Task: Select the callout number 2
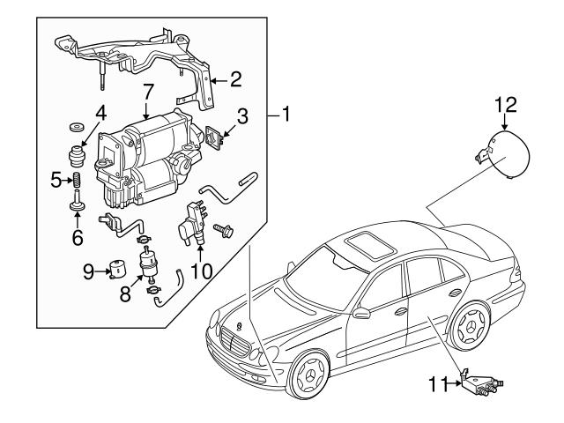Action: pyautogui.click(x=235, y=80)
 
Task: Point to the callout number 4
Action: pyautogui.click(x=100, y=113)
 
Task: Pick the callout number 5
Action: pyautogui.click(x=56, y=179)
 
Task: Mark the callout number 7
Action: pyautogui.click(x=148, y=90)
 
